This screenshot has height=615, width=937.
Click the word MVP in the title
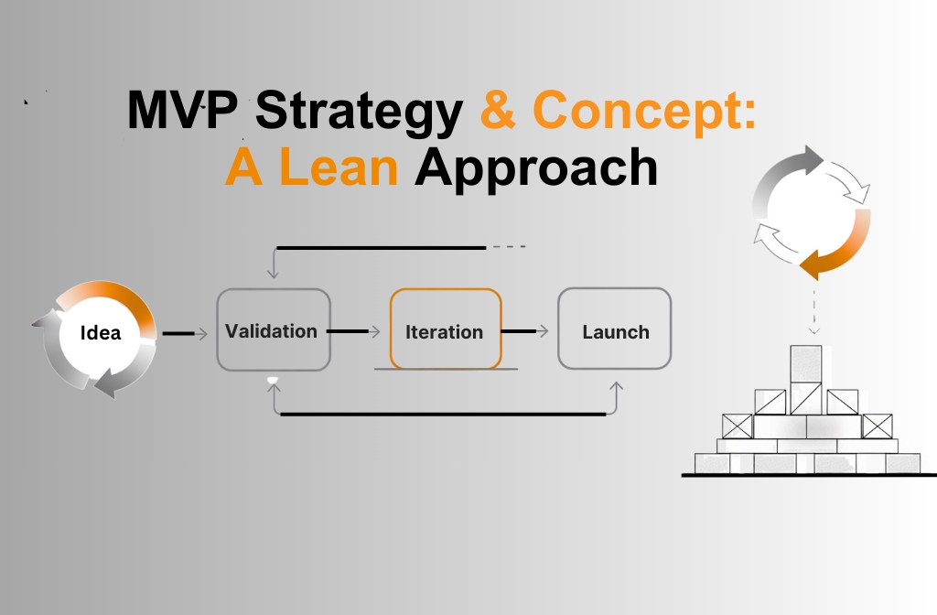pos(186,112)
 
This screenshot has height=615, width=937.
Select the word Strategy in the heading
pos(359,112)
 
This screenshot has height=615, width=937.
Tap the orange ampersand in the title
pos(499,112)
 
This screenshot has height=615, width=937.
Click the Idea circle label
pos(100,332)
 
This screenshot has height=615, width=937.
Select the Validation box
pos(272,330)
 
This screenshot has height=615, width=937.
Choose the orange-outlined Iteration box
pos(445,330)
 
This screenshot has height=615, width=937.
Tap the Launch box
pos(615,330)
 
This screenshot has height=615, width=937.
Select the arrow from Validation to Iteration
pos(353,331)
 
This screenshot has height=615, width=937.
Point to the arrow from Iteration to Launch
pos(525,331)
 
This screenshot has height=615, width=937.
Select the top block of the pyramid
pos(805,363)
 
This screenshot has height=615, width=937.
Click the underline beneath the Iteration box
pos(446,369)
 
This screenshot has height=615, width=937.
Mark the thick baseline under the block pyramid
pos(809,475)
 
